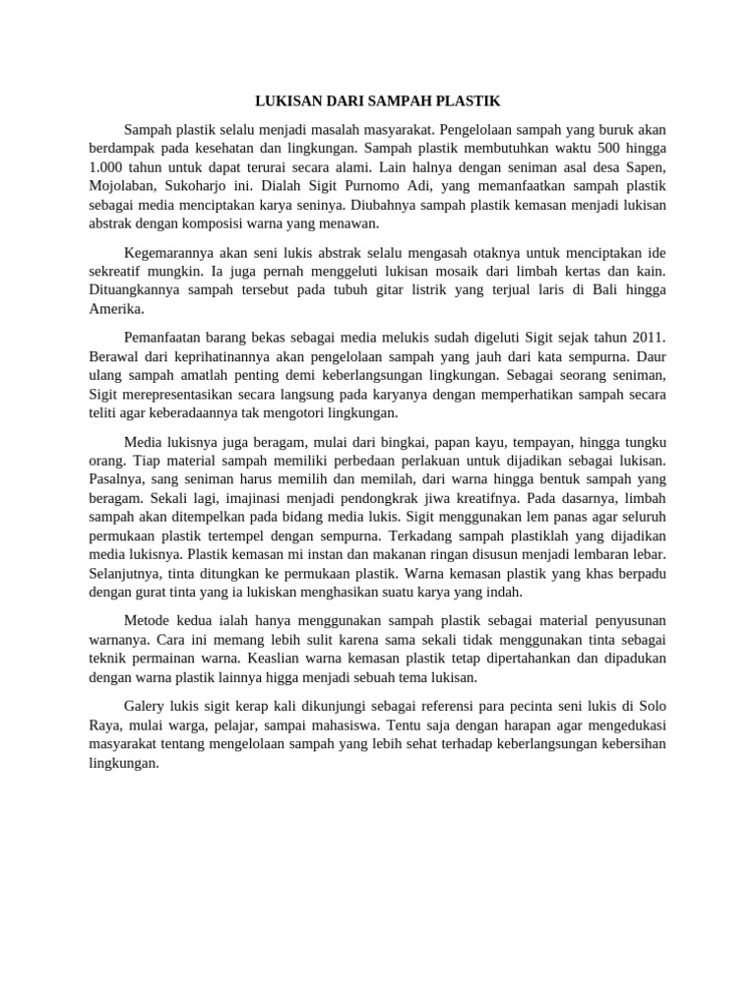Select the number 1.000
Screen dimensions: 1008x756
coord(107,166)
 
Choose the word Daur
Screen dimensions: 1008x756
coord(651,356)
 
